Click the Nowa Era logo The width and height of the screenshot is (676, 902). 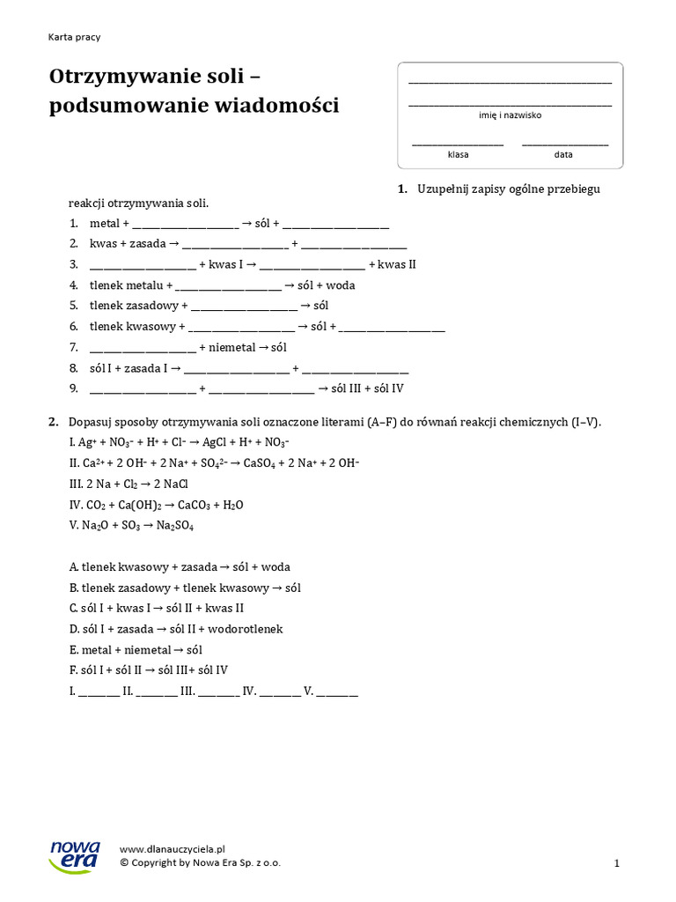(x=75, y=855)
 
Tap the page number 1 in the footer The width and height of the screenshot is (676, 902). (x=617, y=864)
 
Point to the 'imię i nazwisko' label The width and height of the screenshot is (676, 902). (x=510, y=115)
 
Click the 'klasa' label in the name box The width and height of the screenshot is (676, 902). (x=458, y=154)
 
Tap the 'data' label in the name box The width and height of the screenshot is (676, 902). (x=563, y=154)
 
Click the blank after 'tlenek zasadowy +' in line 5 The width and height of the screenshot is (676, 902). (x=244, y=307)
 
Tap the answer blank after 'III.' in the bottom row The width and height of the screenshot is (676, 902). (x=218, y=692)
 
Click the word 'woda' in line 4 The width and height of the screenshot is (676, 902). (x=340, y=285)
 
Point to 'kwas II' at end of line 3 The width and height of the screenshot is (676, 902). (x=397, y=264)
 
